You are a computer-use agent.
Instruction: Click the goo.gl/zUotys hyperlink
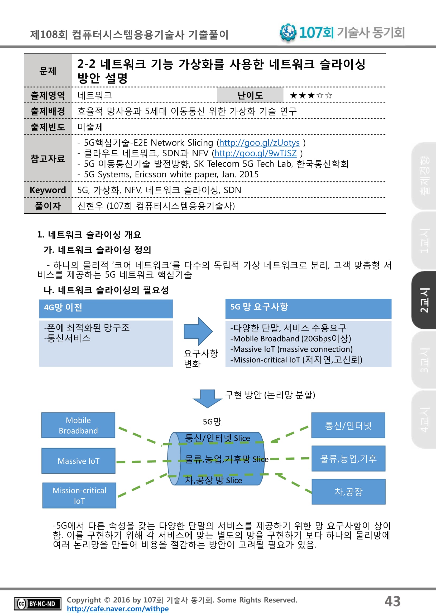(259, 143)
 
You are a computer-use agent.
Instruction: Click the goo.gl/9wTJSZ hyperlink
(255, 153)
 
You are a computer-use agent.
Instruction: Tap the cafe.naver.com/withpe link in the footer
(118, 609)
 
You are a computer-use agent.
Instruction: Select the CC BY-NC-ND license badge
(37, 604)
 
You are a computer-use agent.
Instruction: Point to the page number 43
(392, 601)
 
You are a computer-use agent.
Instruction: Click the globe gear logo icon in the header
(288, 32)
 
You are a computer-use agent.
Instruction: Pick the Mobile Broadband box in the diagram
(78, 425)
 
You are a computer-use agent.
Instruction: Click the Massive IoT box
(78, 461)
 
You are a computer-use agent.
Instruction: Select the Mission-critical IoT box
(79, 495)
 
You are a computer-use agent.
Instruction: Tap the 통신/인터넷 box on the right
(348, 425)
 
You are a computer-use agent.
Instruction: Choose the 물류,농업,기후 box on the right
(348, 459)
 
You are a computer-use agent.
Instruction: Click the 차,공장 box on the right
(348, 492)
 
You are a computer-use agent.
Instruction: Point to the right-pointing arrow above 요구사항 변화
(198, 331)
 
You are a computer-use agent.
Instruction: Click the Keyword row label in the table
(48, 190)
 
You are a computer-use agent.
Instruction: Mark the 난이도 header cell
(250, 95)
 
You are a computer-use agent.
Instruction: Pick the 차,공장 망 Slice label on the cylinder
(214, 480)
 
